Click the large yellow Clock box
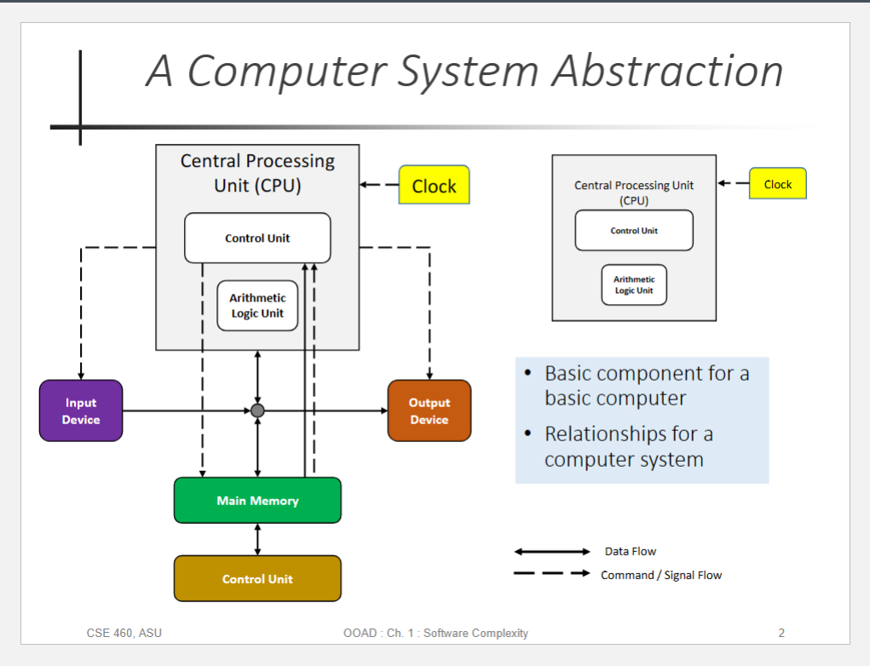point(434,185)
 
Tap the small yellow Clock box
point(777,184)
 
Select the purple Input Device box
point(81,411)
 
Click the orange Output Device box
point(429,411)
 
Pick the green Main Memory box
point(257,500)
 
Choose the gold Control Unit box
point(257,578)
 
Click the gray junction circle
point(257,411)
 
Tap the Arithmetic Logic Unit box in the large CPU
point(257,306)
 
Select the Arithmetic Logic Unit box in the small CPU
point(634,285)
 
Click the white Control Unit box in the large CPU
point(257,238)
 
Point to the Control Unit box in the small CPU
point(634,230)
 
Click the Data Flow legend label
point(631,551)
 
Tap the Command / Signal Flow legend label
point(661,575)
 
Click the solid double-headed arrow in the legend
point(552,551)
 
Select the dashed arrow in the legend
point(552,573)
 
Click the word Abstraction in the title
point(667,72)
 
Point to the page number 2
point(781,634)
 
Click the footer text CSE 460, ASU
point(124,634)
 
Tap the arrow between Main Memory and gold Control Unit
point(257,539)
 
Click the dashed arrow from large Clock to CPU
point(379,185)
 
